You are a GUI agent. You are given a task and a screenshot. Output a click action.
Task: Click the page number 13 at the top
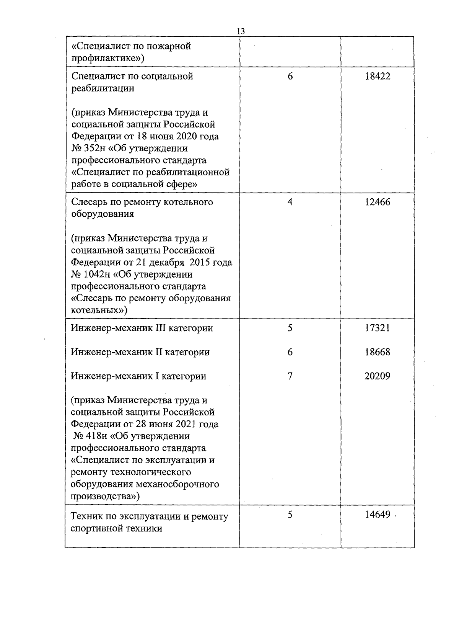241,31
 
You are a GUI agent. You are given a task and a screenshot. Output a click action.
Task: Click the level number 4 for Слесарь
290,202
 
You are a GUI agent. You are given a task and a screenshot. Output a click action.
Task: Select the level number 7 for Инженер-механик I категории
290,376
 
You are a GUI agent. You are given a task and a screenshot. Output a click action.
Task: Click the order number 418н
93,436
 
